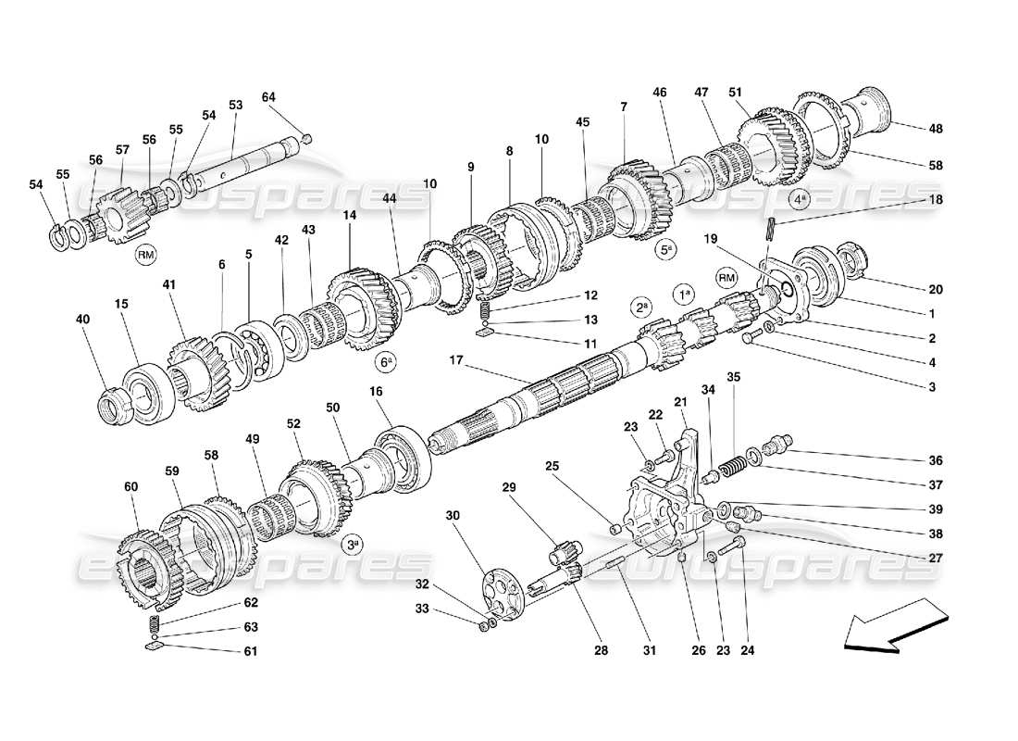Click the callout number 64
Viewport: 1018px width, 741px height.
click(x=268, y=97)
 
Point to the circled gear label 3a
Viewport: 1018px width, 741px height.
click(x=352, y=545)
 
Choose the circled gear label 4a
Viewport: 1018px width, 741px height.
click(x=800, y=198)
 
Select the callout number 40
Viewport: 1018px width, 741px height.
click(x=83, y=320)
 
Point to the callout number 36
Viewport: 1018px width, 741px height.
click(x=936, y=460)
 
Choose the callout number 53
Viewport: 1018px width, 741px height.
click(x=235, y=106)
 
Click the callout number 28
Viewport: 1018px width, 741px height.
click(x=601, y=651)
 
